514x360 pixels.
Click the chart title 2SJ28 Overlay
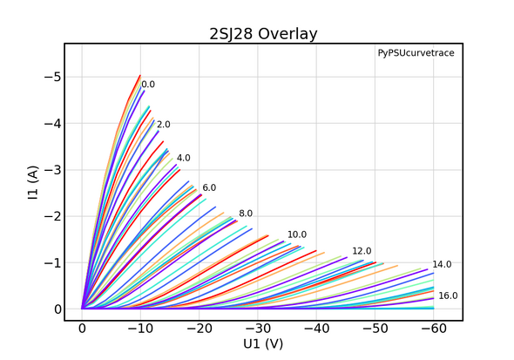point(263,35)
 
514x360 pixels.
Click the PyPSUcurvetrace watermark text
point(416,54)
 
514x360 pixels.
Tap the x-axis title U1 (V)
point(263,343)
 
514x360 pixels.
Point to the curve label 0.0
point(148,85)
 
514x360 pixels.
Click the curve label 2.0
point(164,125)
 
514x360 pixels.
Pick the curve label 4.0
point(183,158)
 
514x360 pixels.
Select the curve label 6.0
point(209,187)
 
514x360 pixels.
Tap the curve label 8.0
point(246,214)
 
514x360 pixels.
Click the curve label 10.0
point(297,235)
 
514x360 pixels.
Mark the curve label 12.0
point(362,251)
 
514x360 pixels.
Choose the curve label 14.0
point(442,264)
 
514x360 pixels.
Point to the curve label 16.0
point(448,296)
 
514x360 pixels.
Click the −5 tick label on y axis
point(52,77)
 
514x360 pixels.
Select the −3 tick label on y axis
point(52,170)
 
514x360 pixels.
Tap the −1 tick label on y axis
point(52,263)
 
